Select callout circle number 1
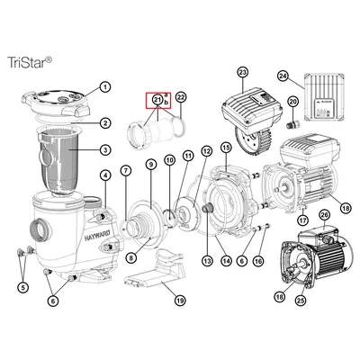[x=103, y=88]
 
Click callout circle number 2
[x=105, y=122]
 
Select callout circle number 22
[x=180, y=96]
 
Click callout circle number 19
[x=179, y=301]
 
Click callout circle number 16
[x=259, y=260]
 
